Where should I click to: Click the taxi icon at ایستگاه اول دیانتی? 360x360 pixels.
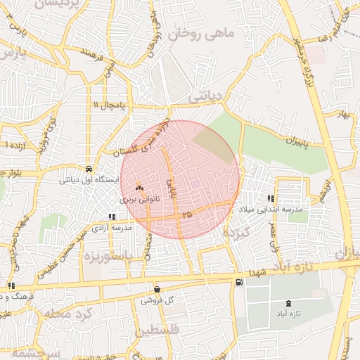click(89, 169)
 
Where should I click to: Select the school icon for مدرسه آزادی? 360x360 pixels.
click(111, 217)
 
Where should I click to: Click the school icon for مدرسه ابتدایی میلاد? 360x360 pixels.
click(271, 198)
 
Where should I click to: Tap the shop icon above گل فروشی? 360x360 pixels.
click(156, 288)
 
